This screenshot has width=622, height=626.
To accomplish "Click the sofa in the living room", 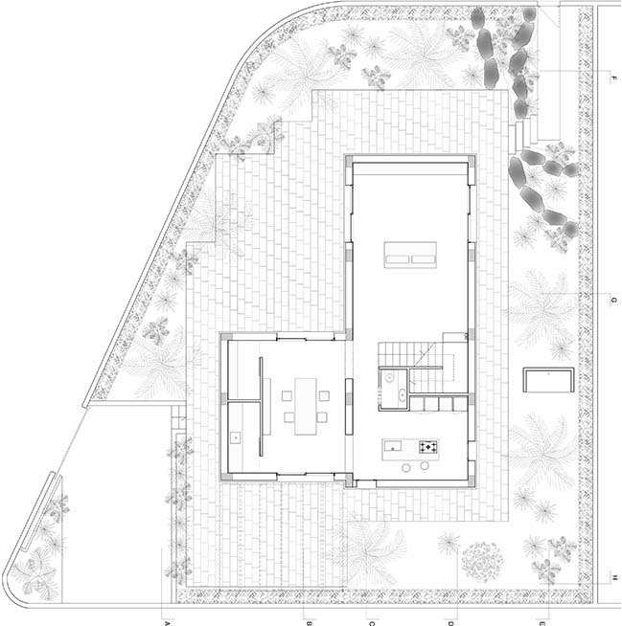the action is coord(410,255).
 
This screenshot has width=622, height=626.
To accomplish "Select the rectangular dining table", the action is coord(306,406).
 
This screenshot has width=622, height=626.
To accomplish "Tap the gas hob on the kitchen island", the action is coord(429,446).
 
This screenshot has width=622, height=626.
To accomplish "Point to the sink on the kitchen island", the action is coord(393,445).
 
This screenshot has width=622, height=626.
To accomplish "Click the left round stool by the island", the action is coord(406,467).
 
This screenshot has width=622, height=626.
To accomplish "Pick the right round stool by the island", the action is coord(425,465).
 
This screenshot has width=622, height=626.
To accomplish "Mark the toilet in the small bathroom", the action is coord(389,376).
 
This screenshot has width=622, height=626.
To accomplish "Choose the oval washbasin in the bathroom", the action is coord(402,395).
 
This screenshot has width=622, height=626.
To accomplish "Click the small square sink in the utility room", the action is coord(235,438).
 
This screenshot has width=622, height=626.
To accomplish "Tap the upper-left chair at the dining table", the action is coord(287,395).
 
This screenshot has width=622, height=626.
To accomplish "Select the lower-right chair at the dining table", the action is coord(322,418).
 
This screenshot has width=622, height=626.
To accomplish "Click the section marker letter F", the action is coord(614,78).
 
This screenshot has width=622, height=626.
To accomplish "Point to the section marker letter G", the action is coord(614,301).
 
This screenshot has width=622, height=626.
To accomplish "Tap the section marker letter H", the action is coord(614,576).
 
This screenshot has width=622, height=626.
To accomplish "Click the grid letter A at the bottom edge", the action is coord(167,623).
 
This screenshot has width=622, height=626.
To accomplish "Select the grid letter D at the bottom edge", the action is coord(450,623).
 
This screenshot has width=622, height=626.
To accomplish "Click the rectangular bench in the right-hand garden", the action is coord(548,380).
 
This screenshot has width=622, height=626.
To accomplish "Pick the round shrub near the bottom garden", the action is coord(482,562).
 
